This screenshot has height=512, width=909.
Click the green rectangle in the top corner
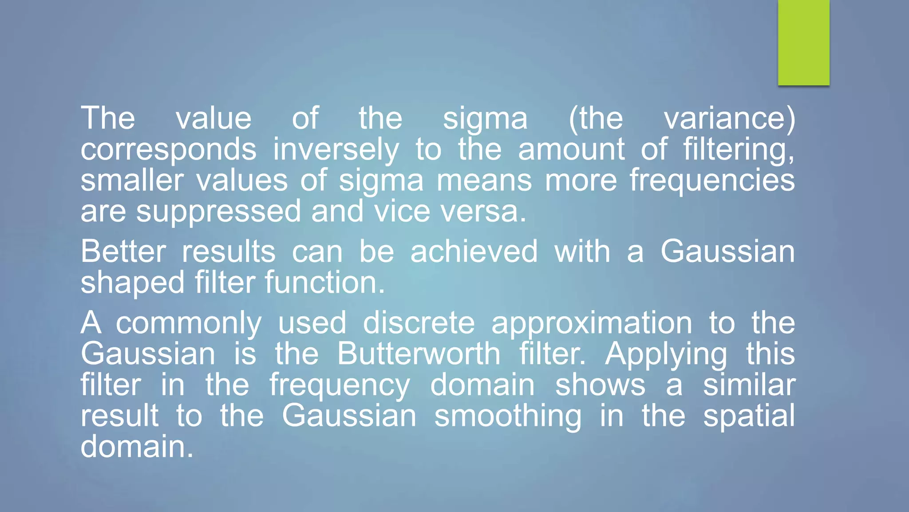pos(803,43)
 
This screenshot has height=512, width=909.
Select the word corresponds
pos(168,150)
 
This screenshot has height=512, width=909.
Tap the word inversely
pos(336,150)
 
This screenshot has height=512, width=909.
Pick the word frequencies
pos(712,181)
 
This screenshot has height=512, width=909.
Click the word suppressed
pos(218,212)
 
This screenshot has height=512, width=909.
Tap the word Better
pos(123,252)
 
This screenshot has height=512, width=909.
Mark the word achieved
pos(474,252)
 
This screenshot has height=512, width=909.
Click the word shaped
pos(132,283)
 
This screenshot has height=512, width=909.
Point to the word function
pos(324,282)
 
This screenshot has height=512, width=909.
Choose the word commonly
pos(189,324)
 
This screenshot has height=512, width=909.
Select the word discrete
pos(419,323)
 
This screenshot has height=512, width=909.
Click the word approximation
pos(592,324)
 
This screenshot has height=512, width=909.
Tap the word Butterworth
pos(419,354)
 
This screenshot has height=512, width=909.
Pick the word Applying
pos(666,355)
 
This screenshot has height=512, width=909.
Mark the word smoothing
pos(508,417)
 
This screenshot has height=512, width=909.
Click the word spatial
pos(749,417)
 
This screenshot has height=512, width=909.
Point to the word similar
pos(749,385)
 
